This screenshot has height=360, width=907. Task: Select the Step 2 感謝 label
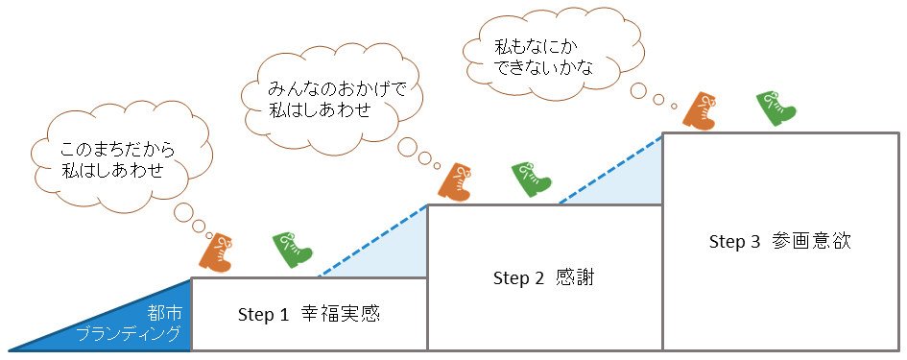(x=543, y=278)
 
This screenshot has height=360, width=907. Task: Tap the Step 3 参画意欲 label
(x=779, y=241)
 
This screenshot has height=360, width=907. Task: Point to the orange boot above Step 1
(x=217, y=252)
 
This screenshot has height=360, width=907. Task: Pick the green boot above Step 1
(x=292, y=250)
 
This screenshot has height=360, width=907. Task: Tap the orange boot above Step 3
(x=700, y=109)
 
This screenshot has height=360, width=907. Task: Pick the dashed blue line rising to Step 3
(x=610, y=168)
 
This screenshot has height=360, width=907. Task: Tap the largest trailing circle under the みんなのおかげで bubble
(x=407, y=148)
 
